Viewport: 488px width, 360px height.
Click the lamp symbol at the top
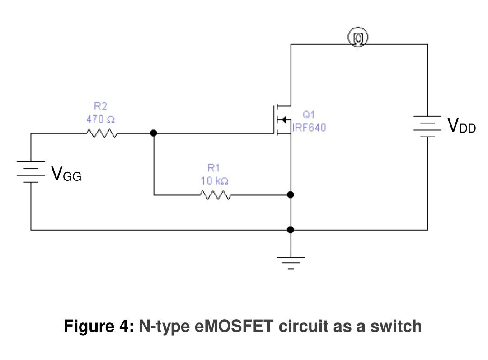click(357, 38)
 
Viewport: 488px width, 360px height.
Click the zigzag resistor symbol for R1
click(215, 195)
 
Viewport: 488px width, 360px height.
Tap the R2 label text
click(100, 106)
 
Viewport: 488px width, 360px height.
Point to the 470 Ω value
click(100, 119)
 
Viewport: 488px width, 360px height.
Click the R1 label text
click(213, 168)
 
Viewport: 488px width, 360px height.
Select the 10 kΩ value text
click(214, 180)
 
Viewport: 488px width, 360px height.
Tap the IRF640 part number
click(309, 128)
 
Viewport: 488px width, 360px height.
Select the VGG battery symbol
click(31, 172)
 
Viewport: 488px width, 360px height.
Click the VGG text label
click(66, 174)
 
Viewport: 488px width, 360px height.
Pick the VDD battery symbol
click(427, 126)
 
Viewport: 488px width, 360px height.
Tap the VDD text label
click(461, 125)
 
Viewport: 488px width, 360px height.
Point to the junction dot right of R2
click(154, 133)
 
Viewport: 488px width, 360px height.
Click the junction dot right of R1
click(291, 194)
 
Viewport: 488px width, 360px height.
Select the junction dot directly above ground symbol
click(291, 230)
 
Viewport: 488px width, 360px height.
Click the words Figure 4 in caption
click(99, 326)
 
